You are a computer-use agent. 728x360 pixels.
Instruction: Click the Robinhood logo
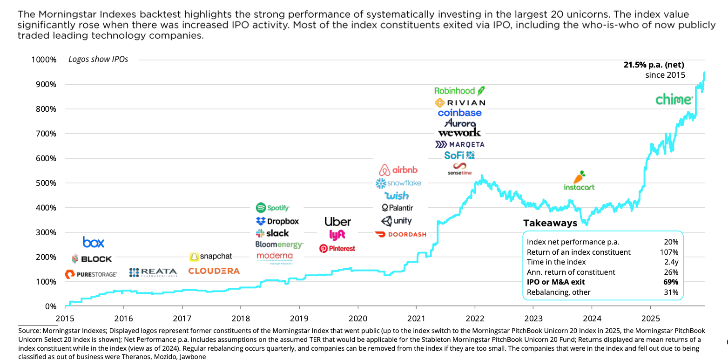(x=459, y=90)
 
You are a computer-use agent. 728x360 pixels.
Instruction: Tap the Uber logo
(x=337, y=222)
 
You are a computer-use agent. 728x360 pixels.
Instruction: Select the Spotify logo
(x=273, y=208)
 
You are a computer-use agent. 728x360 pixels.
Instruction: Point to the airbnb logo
(x=398, y=170)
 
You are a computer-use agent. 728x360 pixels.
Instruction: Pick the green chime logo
(x=674, y=99)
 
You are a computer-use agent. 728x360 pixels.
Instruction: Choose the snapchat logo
(x=211, y=256)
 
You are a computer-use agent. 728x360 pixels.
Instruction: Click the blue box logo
(x=94, y=242)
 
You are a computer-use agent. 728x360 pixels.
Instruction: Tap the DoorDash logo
(x=400, y=234)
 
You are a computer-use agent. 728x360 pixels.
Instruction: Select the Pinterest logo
(x=337, y=248)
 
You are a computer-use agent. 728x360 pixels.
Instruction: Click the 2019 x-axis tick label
(x=299, y=319)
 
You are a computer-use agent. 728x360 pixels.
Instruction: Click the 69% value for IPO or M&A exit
(x=671, y=282)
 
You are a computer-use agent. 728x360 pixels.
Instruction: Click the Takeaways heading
(x=550, y=223)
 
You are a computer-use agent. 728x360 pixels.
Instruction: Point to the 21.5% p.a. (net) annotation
(x=654, y=65)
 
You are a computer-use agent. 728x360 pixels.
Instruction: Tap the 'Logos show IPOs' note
(x=98, y=59)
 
